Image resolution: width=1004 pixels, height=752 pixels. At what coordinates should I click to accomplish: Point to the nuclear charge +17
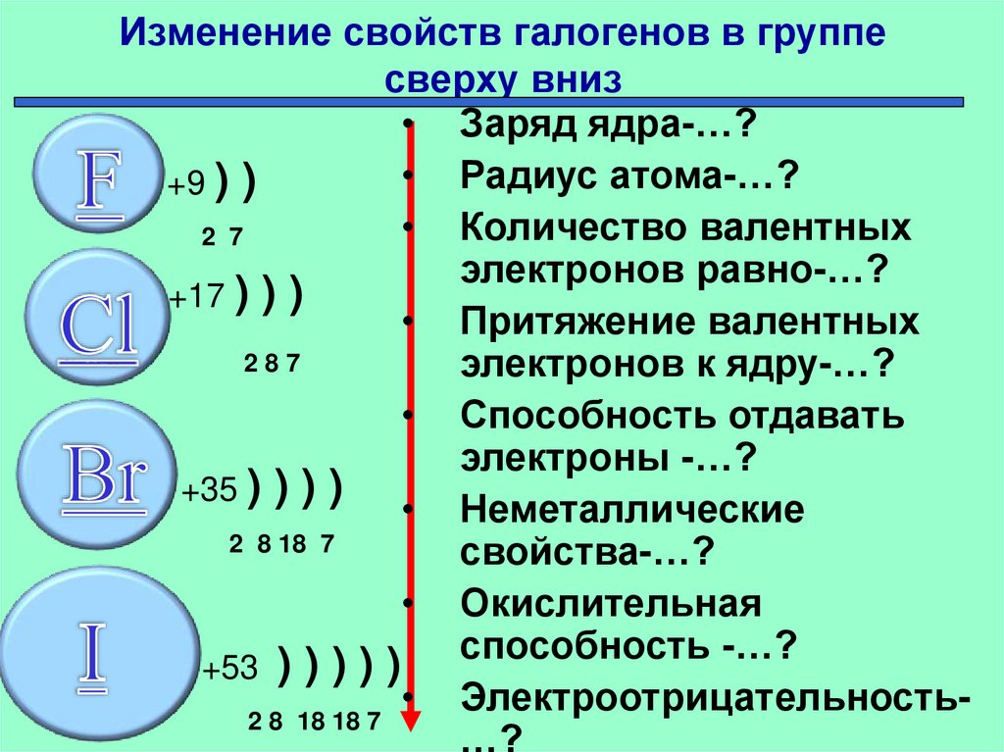pos(198,297)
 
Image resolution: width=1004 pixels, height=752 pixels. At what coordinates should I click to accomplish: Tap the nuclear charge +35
pos(210,491)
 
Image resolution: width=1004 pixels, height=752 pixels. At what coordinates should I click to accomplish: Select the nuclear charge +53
pos(229,669)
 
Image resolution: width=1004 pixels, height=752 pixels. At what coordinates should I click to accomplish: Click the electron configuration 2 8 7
pos(271,365)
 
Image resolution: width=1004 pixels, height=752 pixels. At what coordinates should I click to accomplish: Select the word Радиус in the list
pos(519,178)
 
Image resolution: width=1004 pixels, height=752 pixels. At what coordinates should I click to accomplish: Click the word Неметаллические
pos(631,510)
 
